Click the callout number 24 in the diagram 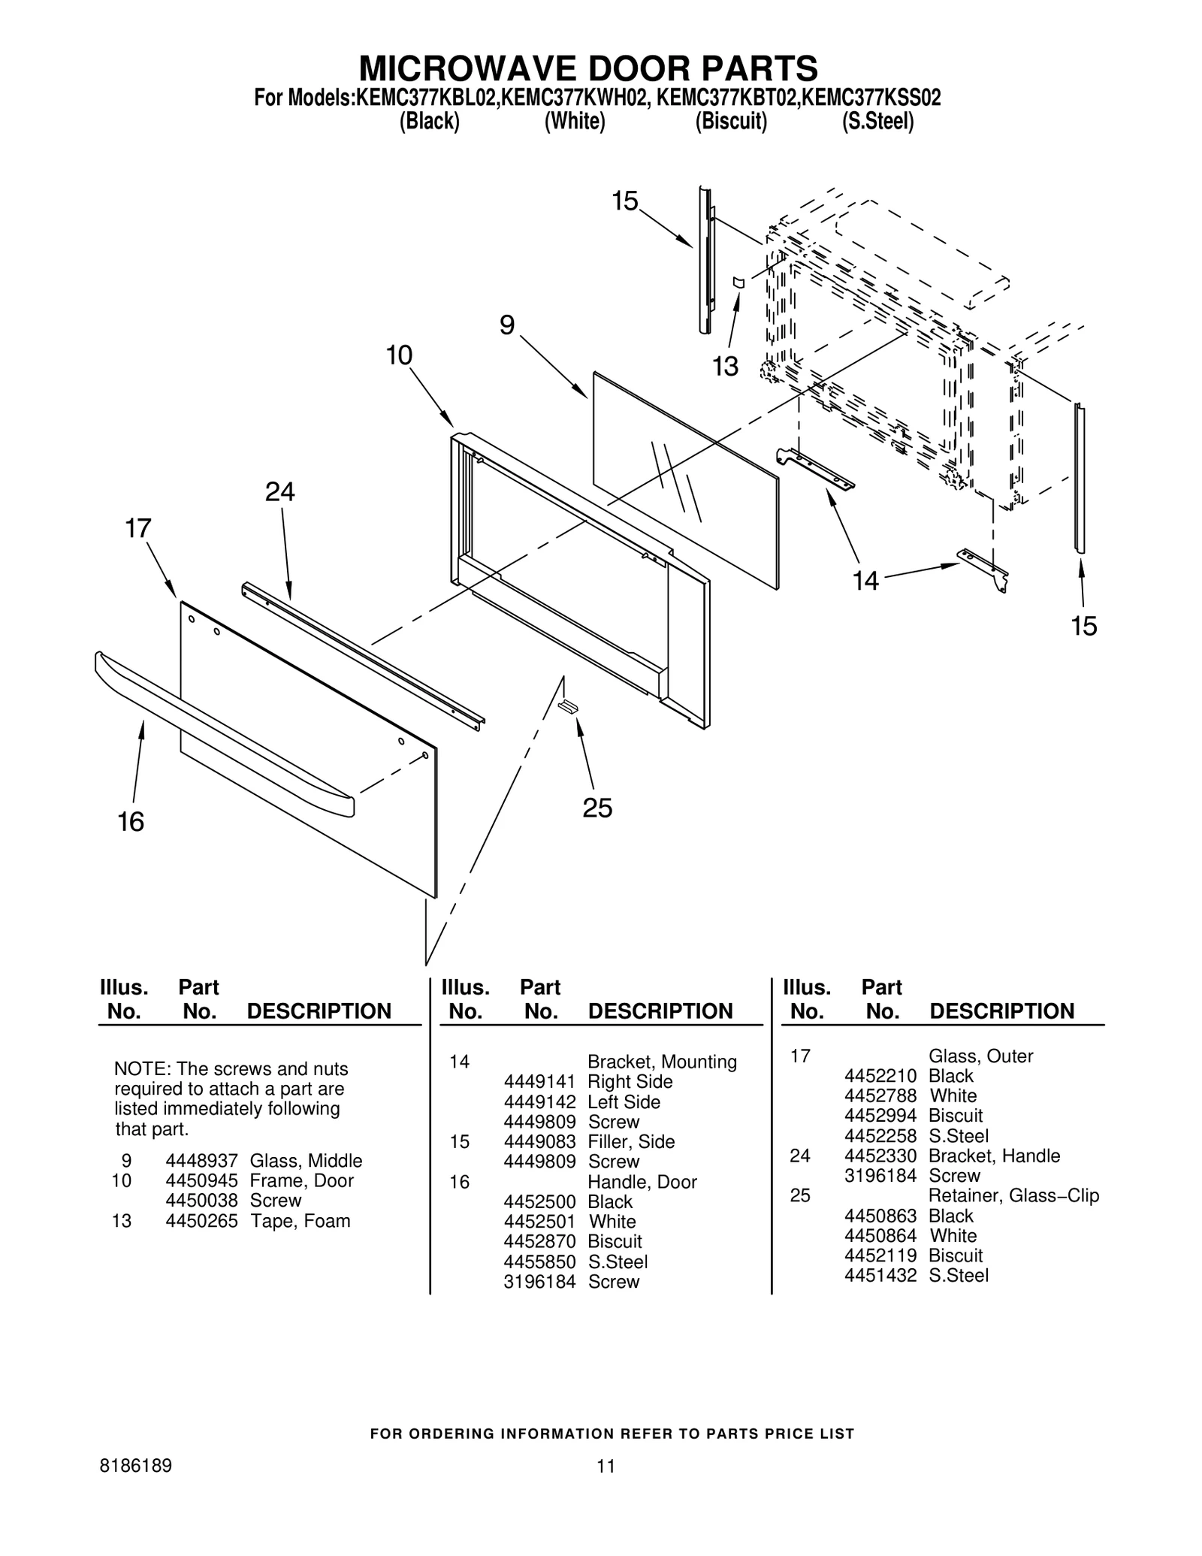point(279,492)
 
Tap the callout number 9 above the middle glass point(507,325)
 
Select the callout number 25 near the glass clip point(597,808)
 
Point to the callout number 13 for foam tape point(725,367)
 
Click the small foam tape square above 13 point(738,282)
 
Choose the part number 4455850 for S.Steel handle point(539,1261)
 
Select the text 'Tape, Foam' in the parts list point(300,1221)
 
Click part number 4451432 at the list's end point(880,1275)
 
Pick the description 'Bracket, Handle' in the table point(994,1156)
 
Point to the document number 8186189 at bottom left point(135,1466)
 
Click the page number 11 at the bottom point(606,1466)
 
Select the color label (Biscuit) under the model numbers point(730,121)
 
